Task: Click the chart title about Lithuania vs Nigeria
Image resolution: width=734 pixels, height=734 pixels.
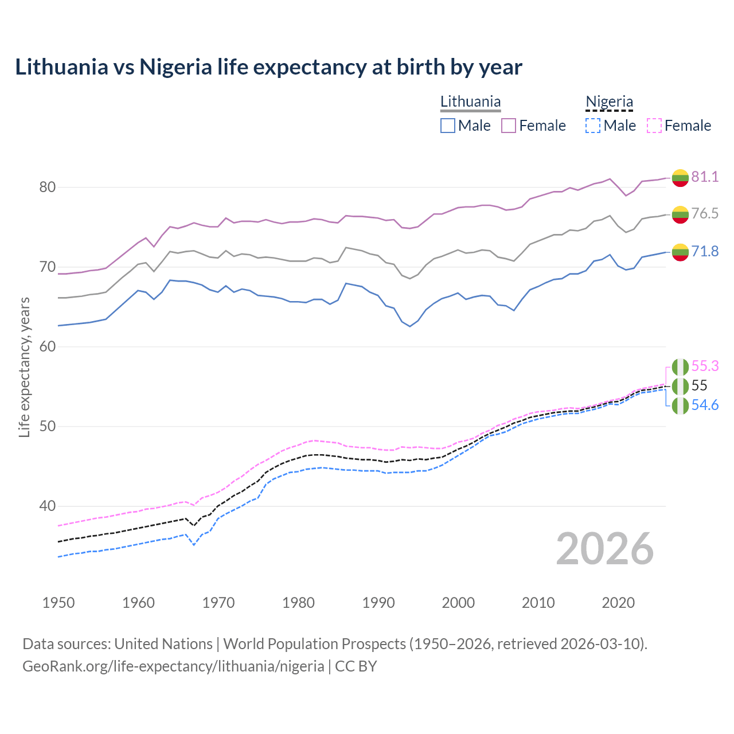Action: tap(268, 67)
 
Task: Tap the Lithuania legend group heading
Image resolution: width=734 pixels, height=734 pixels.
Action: tap(470, 102)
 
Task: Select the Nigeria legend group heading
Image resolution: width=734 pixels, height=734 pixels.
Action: tap(609, 102)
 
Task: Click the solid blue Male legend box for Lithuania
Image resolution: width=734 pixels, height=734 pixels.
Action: tap(448, 126)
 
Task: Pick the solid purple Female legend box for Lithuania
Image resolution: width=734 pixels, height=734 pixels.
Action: tap(509, 126)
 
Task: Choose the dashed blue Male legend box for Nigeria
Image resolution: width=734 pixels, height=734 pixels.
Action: tap(593, 126)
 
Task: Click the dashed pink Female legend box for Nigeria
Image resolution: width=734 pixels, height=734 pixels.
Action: tap(654, 126)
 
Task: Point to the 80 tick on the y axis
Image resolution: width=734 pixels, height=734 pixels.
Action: tap(48, 188)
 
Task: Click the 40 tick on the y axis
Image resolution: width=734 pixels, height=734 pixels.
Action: tap(48, 506)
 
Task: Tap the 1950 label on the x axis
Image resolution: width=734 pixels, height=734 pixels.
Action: tap(58, 603)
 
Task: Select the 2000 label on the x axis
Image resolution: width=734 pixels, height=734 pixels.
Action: tap(458, 603)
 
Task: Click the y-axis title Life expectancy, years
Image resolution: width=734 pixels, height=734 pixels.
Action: tap(25, 367)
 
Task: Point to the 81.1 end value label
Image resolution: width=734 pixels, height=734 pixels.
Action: tap(705, 177)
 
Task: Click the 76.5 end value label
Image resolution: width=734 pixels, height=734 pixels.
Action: tap(705, 214)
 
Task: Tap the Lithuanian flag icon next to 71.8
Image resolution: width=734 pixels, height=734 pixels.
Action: tap(680, 252)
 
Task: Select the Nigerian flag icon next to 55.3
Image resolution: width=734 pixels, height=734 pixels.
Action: tap(680, 366)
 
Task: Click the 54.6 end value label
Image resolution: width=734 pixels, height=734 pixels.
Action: tap(705, 405)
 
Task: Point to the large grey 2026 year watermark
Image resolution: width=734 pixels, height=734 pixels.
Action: tap(604, 549)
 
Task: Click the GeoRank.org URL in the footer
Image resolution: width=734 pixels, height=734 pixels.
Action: tap(173, 666)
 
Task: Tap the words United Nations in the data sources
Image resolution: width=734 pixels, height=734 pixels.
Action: tap(163, 644)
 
